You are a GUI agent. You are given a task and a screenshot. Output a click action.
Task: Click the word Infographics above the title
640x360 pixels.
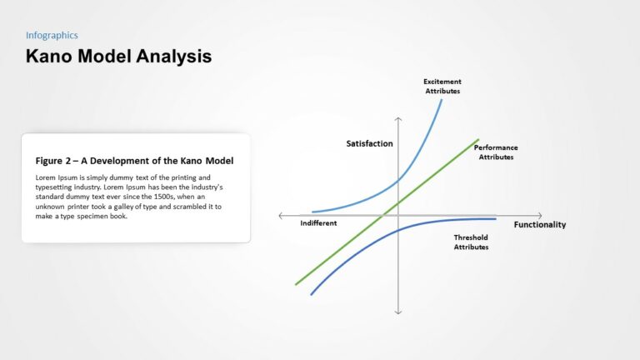click(x=52, y=35)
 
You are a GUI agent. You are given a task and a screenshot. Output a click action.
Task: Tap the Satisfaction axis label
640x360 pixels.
click(x=369, y=143)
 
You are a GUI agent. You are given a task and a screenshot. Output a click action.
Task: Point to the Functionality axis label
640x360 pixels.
click(x=539, y=224)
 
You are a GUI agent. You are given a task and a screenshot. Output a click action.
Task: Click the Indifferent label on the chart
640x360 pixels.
click(x=318, y=223)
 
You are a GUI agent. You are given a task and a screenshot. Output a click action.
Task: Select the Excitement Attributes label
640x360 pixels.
click(x=442, y=86)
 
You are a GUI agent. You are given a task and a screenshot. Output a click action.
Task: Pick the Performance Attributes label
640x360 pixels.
click(x=496, y=152)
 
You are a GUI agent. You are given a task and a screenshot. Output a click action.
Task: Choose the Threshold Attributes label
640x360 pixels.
click(x=471, y=242)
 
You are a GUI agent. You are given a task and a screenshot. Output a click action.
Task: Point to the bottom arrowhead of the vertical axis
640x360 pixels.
click(x=398, y=312)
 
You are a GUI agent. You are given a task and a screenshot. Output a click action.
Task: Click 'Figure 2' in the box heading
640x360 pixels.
click(x=52, y=161)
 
